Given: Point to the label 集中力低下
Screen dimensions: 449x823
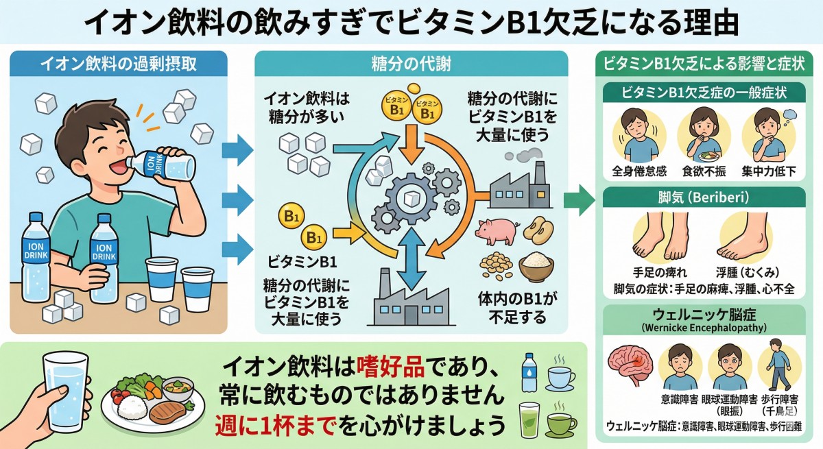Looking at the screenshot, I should pos(768,171).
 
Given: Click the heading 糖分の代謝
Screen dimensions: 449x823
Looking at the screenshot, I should pos(411,64).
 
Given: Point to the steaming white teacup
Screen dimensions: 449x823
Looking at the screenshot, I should pos(560,376).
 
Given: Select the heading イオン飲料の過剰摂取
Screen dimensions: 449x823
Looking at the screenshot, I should pos(119,64).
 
